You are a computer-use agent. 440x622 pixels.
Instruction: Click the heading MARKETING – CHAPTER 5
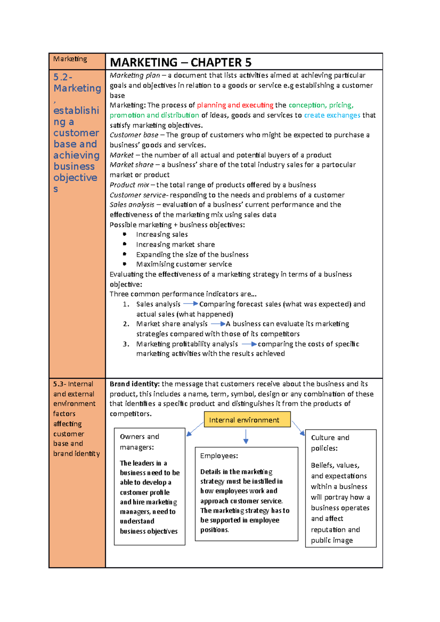point(180,63)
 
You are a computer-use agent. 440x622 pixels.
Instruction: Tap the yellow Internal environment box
point(247,420)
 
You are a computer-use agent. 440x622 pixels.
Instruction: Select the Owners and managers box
point(149,486)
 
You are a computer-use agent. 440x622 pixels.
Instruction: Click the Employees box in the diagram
point(246,493)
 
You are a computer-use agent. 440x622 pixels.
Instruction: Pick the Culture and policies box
point(340,488)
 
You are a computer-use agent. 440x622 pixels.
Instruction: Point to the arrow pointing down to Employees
point(246,437)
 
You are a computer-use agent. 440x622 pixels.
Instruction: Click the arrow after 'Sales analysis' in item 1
point(190,304)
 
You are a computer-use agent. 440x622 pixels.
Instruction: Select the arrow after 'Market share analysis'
point(218,324)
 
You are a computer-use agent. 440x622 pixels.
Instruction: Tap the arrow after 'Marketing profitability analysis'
point(249,344)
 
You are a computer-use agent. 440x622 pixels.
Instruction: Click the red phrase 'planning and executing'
point(235,105)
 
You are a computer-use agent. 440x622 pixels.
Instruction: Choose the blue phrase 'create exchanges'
point(332,115)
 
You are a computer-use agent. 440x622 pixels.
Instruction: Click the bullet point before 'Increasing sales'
point(125,234)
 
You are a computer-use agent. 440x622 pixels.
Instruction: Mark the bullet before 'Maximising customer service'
point(125,264)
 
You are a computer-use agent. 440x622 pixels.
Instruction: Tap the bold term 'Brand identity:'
point(134,384)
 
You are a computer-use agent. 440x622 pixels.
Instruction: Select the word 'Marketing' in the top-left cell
point(70,59)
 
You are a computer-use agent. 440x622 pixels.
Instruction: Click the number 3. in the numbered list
point(126,344)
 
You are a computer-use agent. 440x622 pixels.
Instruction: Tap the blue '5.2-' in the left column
point(63,77)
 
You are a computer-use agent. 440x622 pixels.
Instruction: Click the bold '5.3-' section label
point(59,384)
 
